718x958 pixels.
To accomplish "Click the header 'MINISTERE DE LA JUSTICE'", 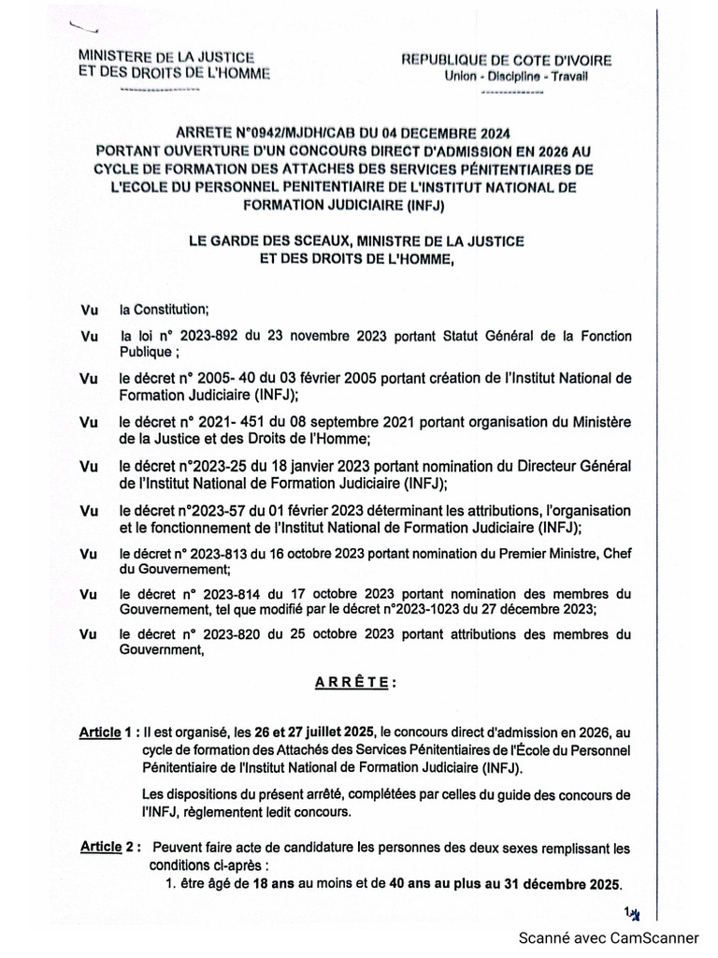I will pyautogui.click(x=166, y=58).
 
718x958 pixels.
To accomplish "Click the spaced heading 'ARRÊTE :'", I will pyautogui.click(x=355, y=683).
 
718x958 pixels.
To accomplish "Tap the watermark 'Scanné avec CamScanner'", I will pyautogui.click(x=609, y=937).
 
